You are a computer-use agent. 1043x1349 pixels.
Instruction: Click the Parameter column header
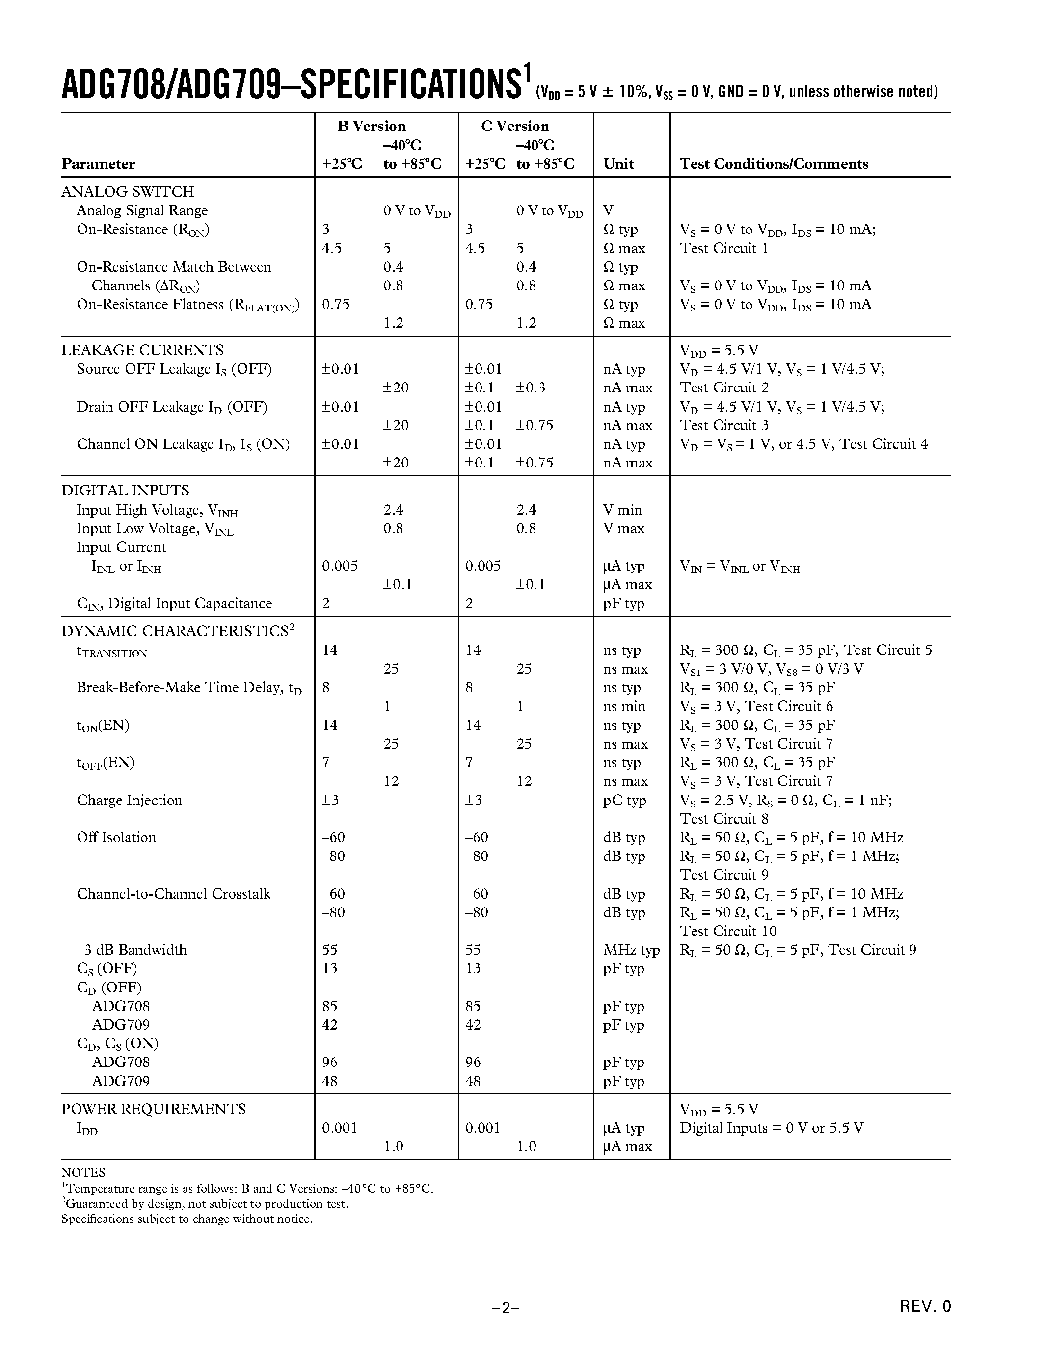point(98,164)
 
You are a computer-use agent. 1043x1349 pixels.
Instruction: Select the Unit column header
point(618,164)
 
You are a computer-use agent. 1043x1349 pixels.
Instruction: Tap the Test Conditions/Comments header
point(774,164)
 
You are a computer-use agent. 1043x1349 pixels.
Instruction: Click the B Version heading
point(372,126)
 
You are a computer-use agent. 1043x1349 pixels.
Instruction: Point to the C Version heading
point(515,126)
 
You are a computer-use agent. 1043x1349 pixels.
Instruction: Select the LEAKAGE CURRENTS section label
point(142,350)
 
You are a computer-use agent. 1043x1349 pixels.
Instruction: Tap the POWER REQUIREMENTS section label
point(153,1109)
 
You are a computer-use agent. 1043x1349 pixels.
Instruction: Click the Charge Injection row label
point(129,800)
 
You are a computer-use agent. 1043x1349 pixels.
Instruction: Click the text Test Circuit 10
point(728,931)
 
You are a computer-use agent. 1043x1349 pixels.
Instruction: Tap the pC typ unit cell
point(624,800)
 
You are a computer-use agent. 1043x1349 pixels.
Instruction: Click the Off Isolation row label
point(116,837)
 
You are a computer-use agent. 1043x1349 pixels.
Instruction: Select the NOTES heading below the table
point(83,1172)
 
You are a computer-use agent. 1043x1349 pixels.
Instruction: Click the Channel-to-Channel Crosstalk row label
point(173,894)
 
